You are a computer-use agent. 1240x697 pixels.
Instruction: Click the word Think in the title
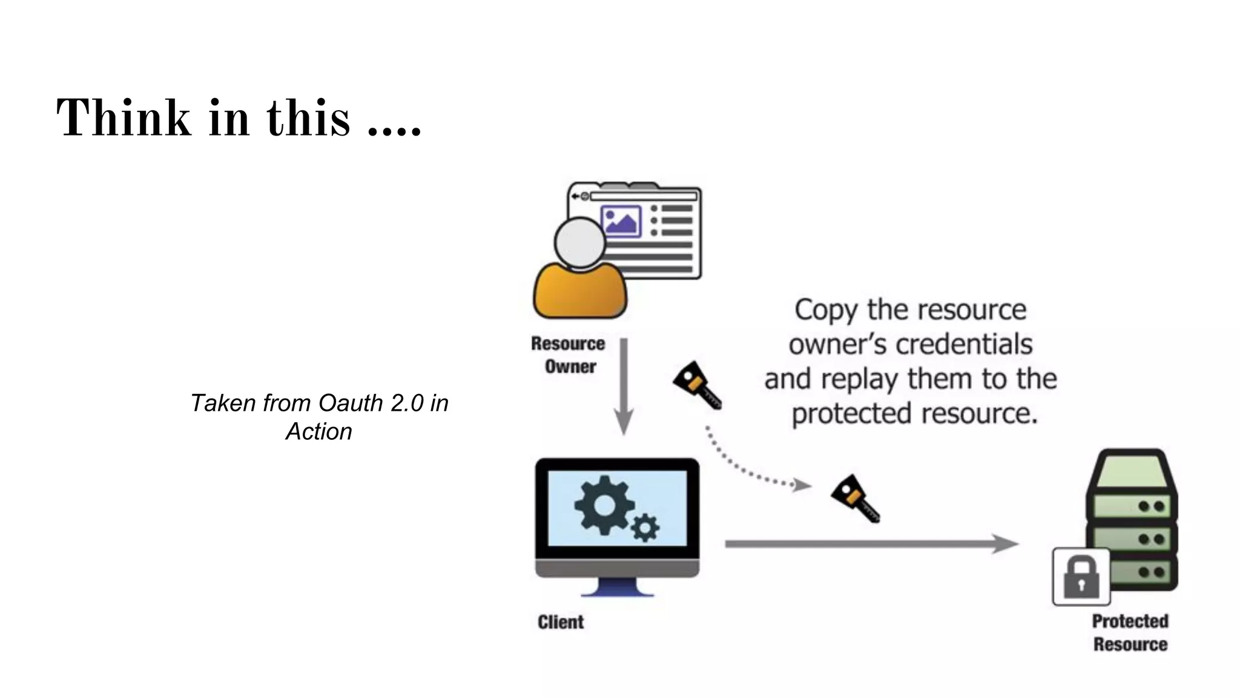coord(124,117)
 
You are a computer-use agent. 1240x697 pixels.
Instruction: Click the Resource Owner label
coord(569,355)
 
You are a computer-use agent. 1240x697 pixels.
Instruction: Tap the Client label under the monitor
coord(561,622)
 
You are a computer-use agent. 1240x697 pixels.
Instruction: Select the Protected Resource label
coord(1130,632)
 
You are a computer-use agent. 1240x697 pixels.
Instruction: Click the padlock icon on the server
coord(1081,577)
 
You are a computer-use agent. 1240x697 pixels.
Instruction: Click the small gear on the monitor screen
coord(645,528)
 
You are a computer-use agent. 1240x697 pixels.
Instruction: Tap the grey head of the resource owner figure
coord(579,242)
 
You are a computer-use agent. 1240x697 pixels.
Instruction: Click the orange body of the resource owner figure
coord(579,293)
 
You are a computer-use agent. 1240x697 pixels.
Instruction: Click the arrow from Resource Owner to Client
coord(624,387)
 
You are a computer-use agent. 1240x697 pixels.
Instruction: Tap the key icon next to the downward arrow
coord(697,386)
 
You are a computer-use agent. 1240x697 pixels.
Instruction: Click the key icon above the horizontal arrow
coord(855,499)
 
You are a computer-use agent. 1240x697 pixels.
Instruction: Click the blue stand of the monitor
coord(618,587)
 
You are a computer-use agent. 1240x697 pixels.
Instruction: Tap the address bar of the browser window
coord(644,196)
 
